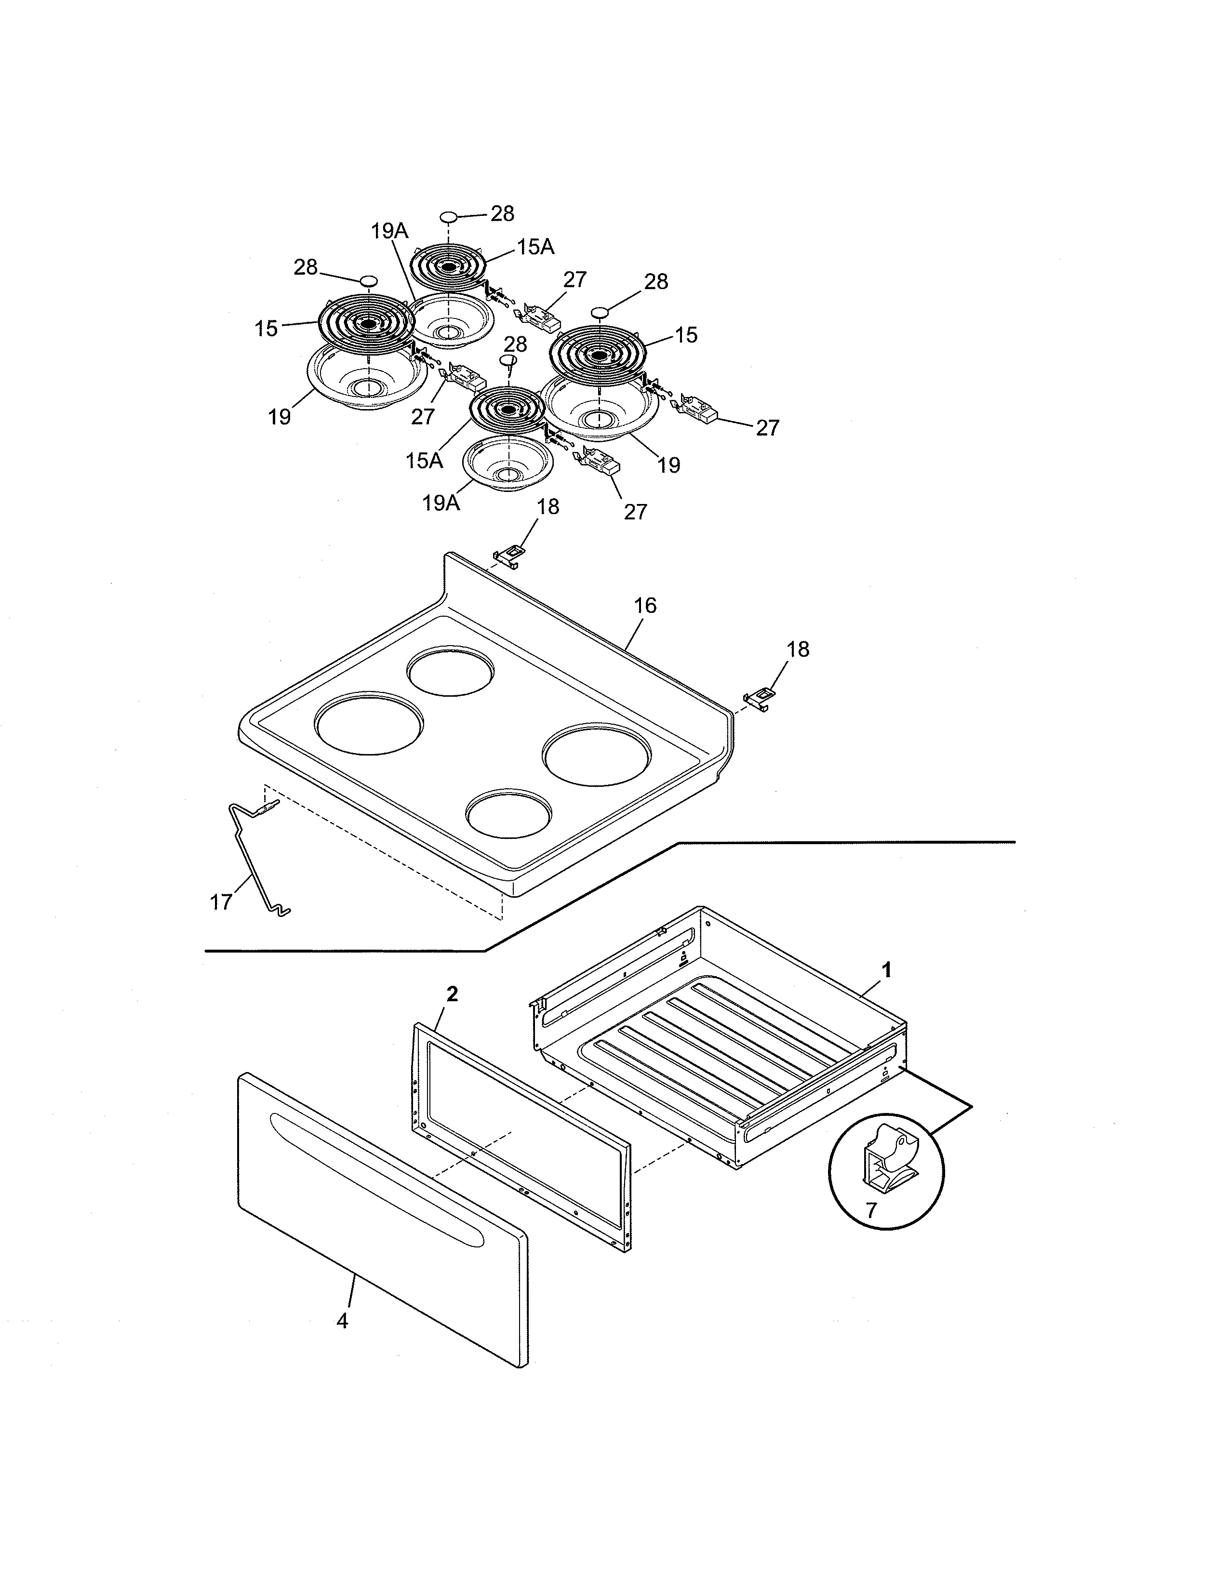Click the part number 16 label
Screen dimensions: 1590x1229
(645, 606)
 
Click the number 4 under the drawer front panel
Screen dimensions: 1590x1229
(342, 1321)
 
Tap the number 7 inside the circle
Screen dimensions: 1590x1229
(871, 1231)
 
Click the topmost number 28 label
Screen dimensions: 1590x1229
(502, 214)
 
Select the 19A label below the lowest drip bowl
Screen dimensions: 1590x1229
(441, 503)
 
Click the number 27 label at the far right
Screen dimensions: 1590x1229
(767, 428)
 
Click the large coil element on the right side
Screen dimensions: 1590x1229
(599, 355)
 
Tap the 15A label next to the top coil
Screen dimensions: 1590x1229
(536, 248)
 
